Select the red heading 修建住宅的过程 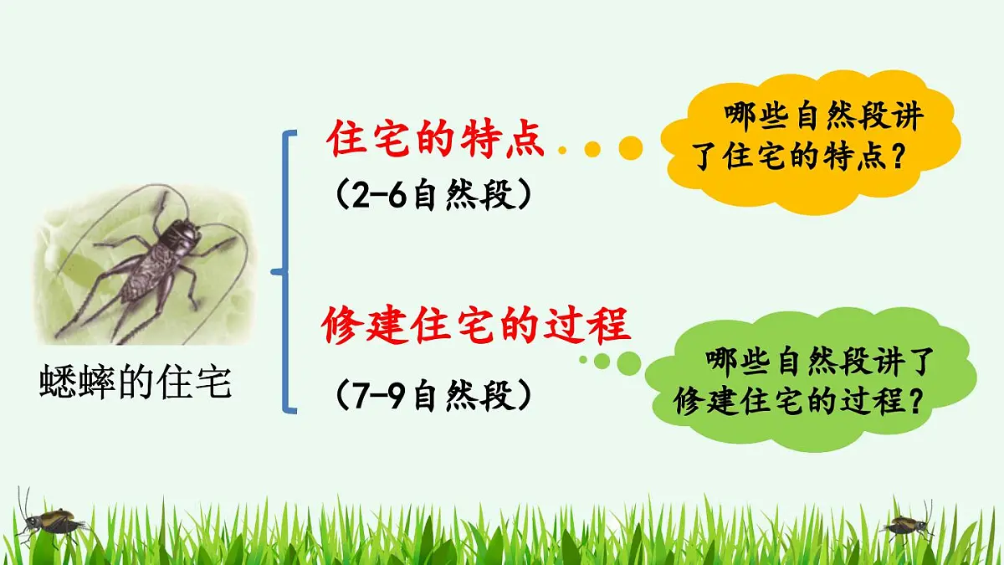(x=475, y=326)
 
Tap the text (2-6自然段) (x=433, y=197)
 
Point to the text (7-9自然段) (x=433, y=395)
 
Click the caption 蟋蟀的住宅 (x=135, y=384)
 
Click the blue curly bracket (x=288, y=271)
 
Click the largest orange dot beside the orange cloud (x=630, y=148)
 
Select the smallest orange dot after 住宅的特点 (x=563, y=150)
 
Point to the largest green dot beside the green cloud (x=628, y=362)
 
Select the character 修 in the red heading (x=344, y=326)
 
